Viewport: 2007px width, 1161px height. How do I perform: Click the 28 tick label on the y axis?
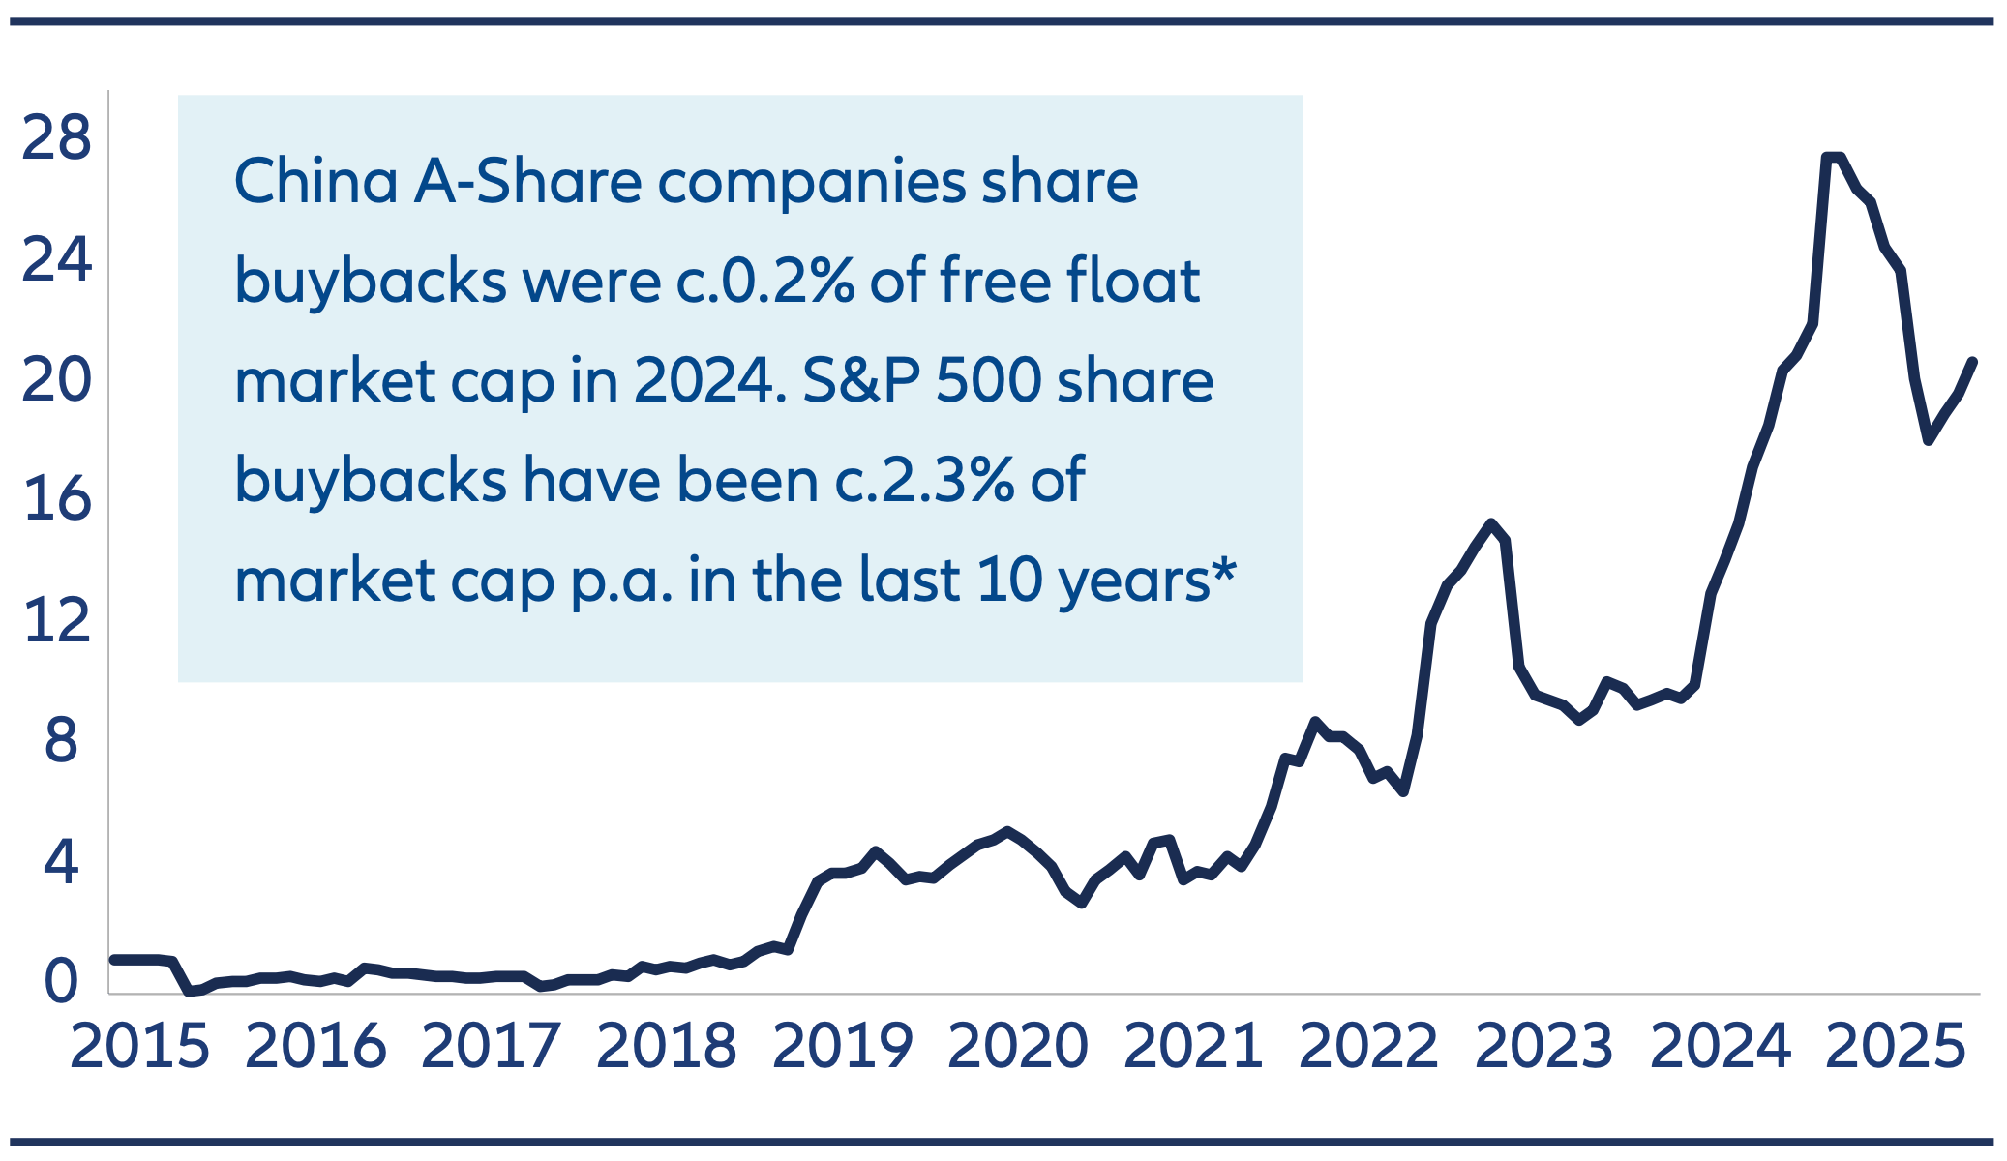(56, 137)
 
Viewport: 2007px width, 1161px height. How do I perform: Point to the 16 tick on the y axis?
(57, 499)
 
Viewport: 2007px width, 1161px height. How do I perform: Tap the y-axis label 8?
(60, 741)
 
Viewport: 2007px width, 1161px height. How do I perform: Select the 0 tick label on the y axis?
(60, 981)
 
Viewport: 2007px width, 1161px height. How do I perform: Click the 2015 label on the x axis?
(139, 1047)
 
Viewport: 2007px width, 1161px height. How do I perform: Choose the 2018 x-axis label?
(666, 1047)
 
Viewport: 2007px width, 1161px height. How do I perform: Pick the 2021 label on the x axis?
(1192, 1047)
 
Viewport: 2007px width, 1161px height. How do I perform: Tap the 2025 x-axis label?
(1895, 1047)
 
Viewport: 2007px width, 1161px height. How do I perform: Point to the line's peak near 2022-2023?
(1491, 523)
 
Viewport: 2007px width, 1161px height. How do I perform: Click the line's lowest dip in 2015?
(190, 992)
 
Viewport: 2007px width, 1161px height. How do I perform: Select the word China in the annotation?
(315, 181)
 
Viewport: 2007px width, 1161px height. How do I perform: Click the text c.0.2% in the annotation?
(764, 281)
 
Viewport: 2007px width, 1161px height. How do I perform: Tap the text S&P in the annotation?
(860, 380)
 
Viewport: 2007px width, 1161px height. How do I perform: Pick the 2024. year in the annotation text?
(710, 380)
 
